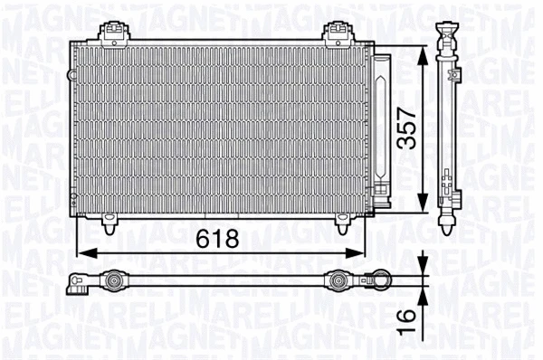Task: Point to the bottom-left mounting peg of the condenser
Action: (110, 220)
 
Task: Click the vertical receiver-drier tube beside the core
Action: (381, 127)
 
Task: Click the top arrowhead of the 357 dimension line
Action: (422, 52)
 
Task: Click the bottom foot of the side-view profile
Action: (449, 221)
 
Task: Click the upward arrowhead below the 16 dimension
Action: (422, 297)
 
